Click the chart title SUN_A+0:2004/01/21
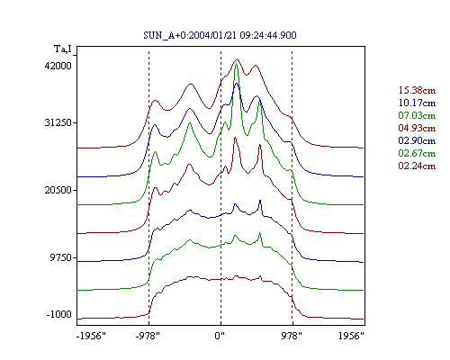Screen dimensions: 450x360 [x=191, y=35]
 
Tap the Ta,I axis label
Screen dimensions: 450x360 [x=63, y=49]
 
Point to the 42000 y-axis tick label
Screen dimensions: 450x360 [x=58, y=66]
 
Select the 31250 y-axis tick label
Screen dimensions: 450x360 [x=58, y=122]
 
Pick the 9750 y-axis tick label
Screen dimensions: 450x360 [x=61, y=257]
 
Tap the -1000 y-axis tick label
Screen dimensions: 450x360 [x=59, y=314]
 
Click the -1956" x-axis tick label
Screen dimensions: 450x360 [x=91, y=336]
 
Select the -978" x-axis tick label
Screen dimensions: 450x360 [x=148, y=336]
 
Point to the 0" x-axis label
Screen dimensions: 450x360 [x=220, y=336]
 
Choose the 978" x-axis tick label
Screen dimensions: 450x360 [x=292, y=336]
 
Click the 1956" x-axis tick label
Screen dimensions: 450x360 [x=351, y=336]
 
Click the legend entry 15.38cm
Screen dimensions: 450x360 [x=417, y=90]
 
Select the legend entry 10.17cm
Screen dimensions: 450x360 [x=417, y=103]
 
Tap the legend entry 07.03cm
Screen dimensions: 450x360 [x=417, y=115]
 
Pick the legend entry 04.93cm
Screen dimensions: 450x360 [x=417, y=128]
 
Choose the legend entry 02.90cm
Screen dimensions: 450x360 [x=417, y=140]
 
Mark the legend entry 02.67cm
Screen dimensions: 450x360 [x=417, y=153]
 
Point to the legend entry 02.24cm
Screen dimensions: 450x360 [x=417, y=166]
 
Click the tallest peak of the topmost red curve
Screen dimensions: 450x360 [x=238, y=59]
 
